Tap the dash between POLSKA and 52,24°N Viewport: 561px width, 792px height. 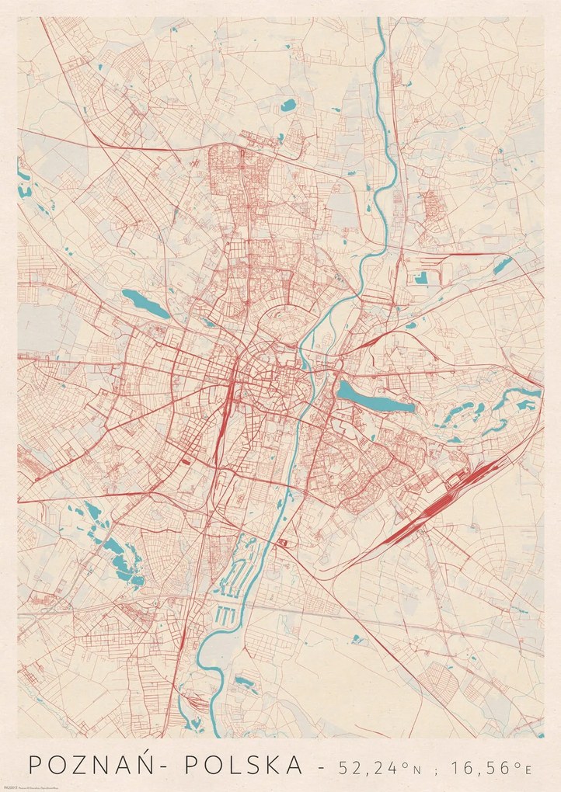tap(322, 767)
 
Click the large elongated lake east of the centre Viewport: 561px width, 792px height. tap(375, 395)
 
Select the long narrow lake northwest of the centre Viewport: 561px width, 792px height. tap(145, 303)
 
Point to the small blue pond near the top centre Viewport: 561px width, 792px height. tap(288, 105)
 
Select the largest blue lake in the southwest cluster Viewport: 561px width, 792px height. tap(124, 559)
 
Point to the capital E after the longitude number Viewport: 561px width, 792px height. tap(528, 769)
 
